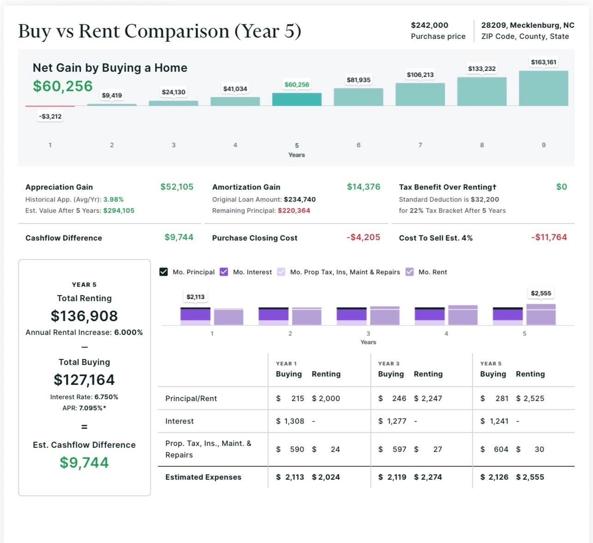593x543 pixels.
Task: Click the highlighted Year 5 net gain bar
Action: [x=296, y=99]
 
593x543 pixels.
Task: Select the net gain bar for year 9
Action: [x=543, y=88]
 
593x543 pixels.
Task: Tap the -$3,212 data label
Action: [x=50, y=117]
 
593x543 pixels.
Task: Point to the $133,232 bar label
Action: [x=482, y=69]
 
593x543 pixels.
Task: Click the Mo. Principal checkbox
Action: [x=163, y=272]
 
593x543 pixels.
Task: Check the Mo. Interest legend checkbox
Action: [x=224, y=272]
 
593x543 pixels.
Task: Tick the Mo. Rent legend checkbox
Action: [x=410, y=272]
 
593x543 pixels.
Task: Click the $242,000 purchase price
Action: [x=430, y=25]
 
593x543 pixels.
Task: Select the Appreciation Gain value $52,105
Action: [x=177, y=187]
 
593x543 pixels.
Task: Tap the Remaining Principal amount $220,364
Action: [x=294, y=210]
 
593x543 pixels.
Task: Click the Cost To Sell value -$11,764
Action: [x=549, y=237]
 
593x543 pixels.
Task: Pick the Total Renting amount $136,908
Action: [x=84, y=316]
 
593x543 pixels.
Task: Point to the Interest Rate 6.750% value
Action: [x=106, y=397]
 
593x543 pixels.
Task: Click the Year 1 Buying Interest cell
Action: [x=290, y=421]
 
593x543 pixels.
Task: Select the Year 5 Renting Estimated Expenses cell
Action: [x=530, y=477]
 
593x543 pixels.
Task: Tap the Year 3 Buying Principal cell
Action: [x=392, y=398]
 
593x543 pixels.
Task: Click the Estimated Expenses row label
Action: [x=203, y=477]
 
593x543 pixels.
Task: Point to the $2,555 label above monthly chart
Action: [x=541, y=293]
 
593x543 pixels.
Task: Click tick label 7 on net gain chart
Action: [x=420, y=145]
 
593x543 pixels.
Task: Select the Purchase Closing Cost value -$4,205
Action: [x=363, y=237]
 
